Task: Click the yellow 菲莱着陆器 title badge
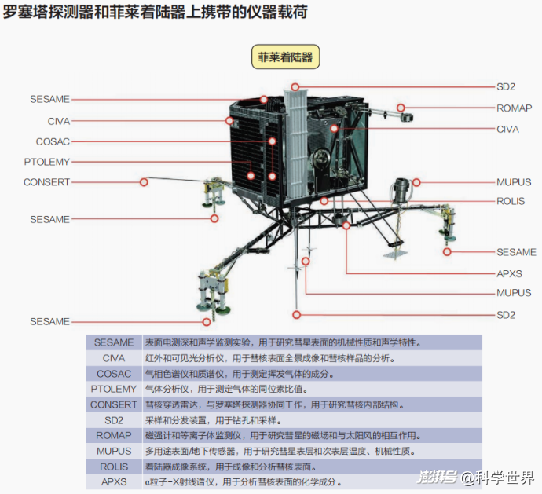[x=285, y=57]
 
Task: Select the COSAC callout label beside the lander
[x=53, y=141]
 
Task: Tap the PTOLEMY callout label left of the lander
[x=47, y=162]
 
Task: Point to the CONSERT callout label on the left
[x=46, y=182]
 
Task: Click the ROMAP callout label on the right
[x=514, y=108]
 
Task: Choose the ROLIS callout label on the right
[x=511, y=201]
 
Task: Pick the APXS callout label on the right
[x=509, y=274]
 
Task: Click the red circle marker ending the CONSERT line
[x=144, y=182]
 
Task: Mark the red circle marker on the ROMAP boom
[x=401, y=108]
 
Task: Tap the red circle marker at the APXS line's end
[x=346, y=225]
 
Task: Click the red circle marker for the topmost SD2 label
[x=295, y=86]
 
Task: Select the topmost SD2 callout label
[x=506, y=86]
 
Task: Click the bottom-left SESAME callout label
[x=49, y=321]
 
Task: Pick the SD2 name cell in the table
[x=114, y=420]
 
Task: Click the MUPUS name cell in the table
[x=114, y=451]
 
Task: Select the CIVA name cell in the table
[x=114, y=358]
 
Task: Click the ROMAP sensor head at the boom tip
[x=407, y=117]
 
